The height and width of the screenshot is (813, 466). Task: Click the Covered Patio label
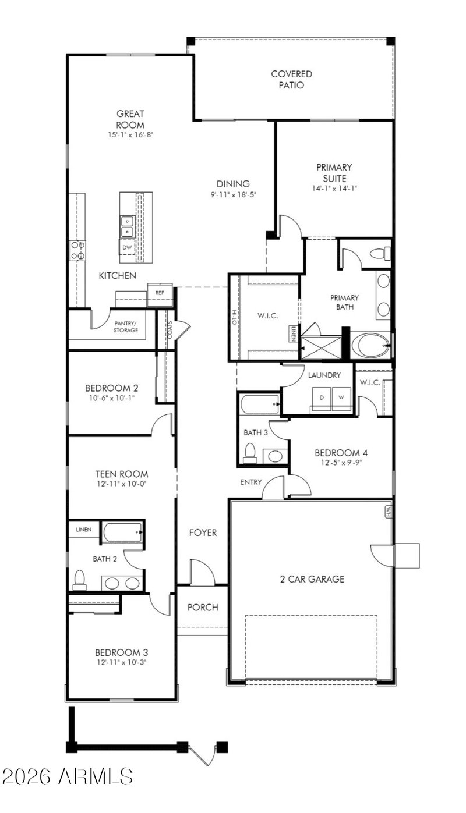(x=291, y=80)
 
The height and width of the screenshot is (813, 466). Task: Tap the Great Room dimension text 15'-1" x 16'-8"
(x=130, y=134)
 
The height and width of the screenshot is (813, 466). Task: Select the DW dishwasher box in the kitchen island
(x=127, y=247)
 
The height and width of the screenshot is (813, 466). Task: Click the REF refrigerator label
(x=160, y=293)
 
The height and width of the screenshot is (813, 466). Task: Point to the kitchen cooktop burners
(x=78, y=250)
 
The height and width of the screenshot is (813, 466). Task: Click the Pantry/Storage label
(x=126, y=326)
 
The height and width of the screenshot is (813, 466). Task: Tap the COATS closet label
(x=170, y=330)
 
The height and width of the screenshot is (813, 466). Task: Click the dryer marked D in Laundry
(x=322, y=398)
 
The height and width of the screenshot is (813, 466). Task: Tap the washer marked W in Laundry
(x=341, y=398)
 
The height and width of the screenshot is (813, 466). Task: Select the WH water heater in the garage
(x=389, y=512)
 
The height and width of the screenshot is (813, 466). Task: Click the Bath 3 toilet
(x=250, y=453)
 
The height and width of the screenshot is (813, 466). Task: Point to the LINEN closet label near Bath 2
(x=83, y=530)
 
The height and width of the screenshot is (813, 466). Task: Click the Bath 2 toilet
(x=79, y=579)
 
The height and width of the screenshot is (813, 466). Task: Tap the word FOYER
(x=203, y=532)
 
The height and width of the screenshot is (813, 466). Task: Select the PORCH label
(x=203, y=607)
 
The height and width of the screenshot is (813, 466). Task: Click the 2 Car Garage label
(x=312, y=579)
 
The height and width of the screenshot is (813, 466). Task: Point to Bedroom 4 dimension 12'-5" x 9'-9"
(x=341, y=463)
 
